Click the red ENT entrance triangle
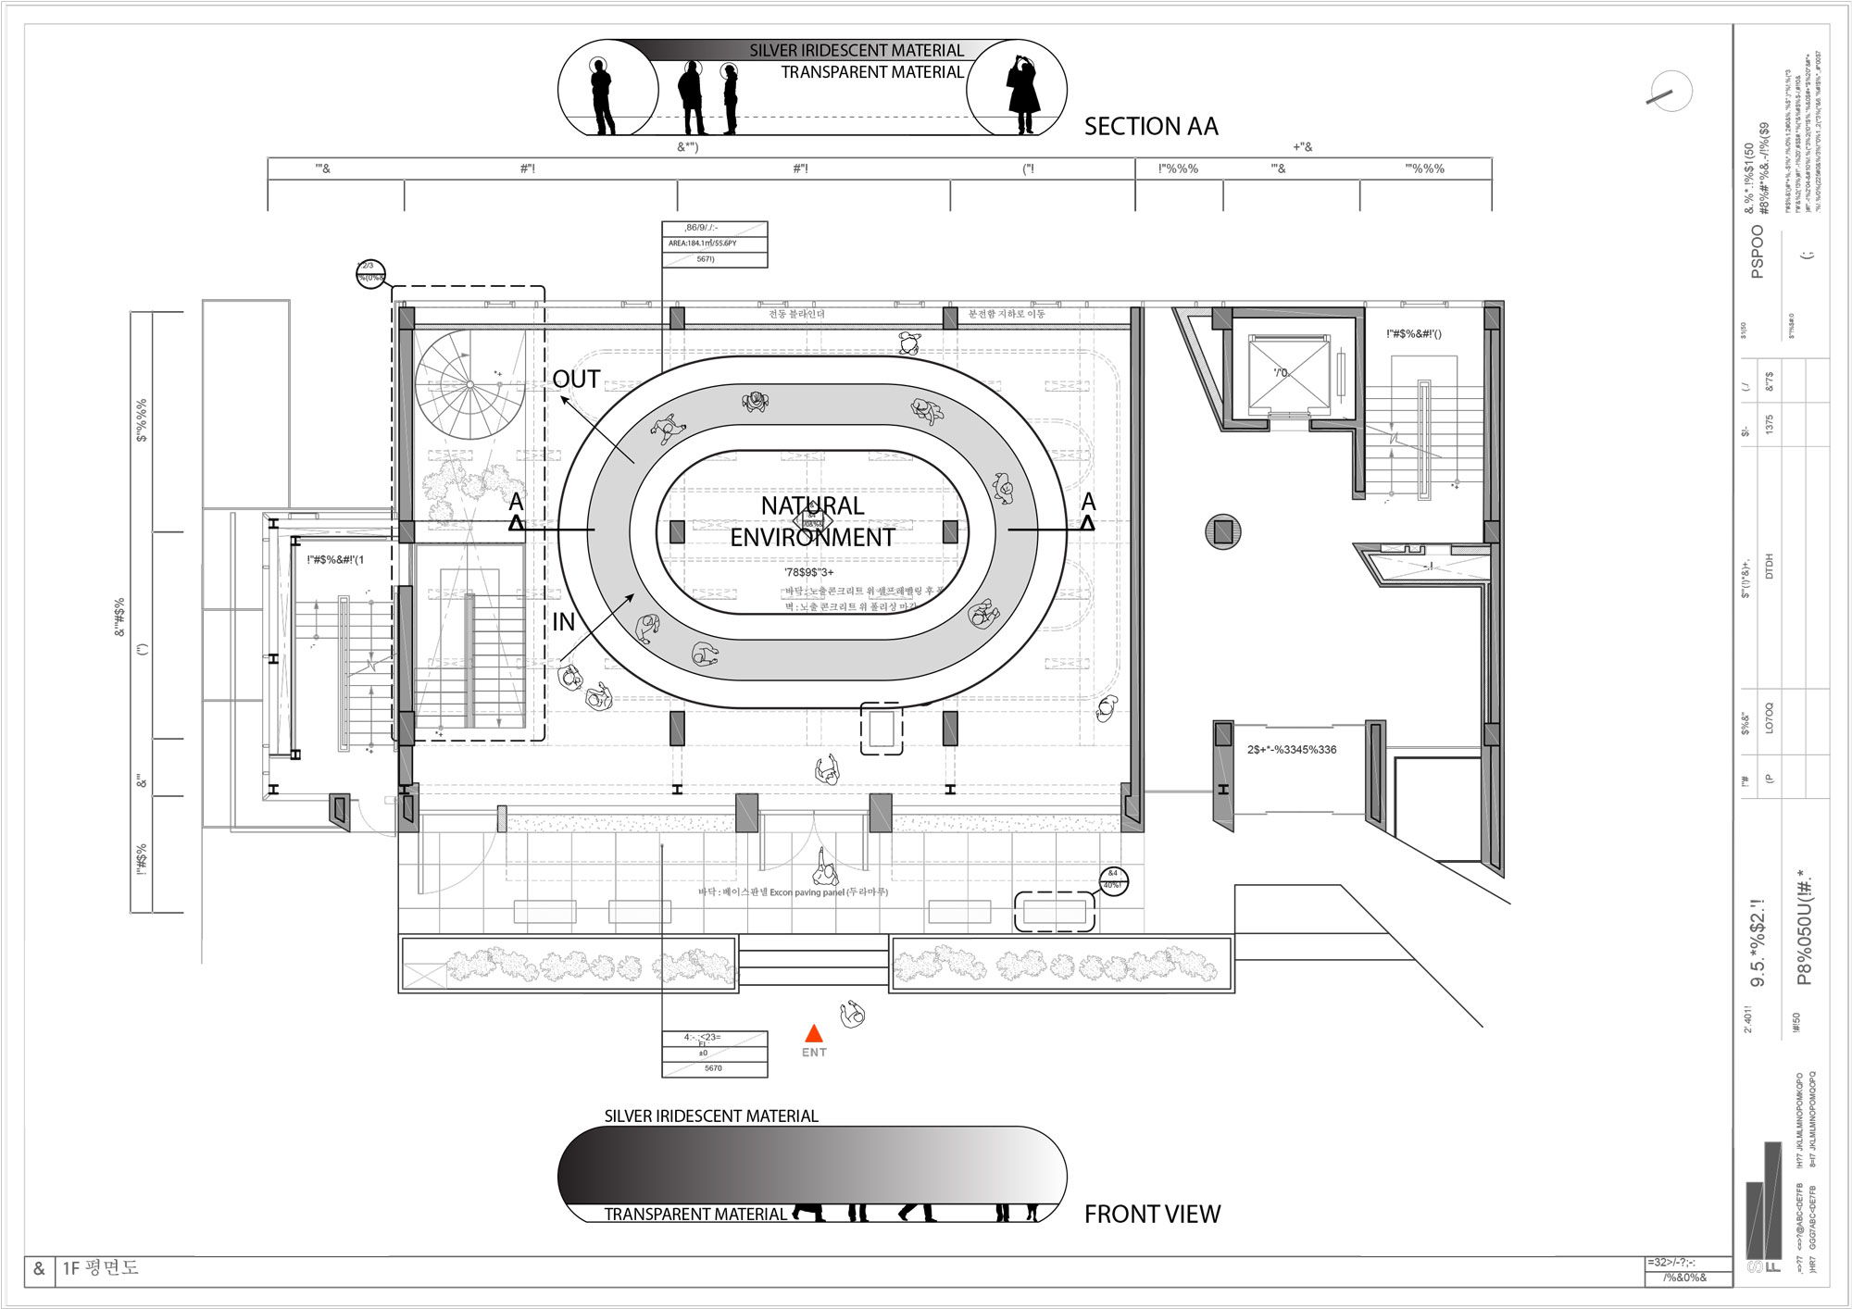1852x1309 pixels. pos(813,1033)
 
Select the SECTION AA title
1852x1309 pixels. pos(1150,127)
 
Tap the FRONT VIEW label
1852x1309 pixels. pos(1152,1214)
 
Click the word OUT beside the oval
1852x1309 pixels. pos(576,380)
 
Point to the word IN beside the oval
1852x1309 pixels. pos(563,622)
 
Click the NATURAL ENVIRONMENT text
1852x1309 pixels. pos(812,521)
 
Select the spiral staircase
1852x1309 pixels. pos(469,384)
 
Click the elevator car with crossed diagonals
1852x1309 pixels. pos(1287,373)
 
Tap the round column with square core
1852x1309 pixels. pos(1222,531)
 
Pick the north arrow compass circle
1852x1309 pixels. pos(1670,93)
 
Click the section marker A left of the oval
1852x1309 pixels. pos(516,511)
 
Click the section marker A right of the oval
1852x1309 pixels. pos(1088,511)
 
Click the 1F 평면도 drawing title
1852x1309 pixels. pos(100,1268)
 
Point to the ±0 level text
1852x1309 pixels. pos(703,1053)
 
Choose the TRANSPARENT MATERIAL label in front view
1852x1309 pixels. pos(694,1215)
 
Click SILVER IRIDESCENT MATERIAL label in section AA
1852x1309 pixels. pos(856,51)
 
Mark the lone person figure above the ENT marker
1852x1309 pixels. pos(852,1015)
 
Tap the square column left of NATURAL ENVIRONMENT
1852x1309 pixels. pos(677,531)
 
